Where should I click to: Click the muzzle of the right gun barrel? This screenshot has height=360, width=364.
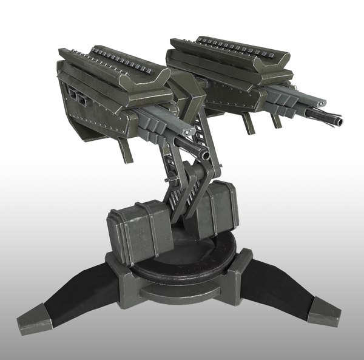pyautogui.click(x=338, y=122)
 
